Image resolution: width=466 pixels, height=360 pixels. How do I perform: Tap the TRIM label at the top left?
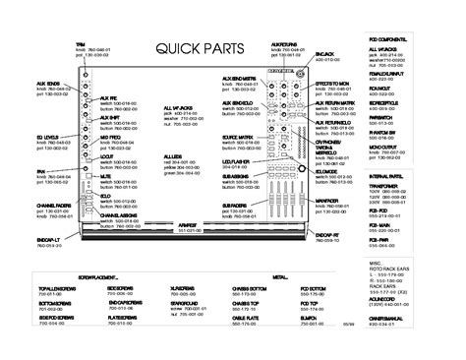tap(81, 43)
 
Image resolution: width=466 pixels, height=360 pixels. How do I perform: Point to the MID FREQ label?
tap(108, 140)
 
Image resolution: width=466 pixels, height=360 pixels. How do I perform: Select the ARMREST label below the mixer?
tap(229, 224)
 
